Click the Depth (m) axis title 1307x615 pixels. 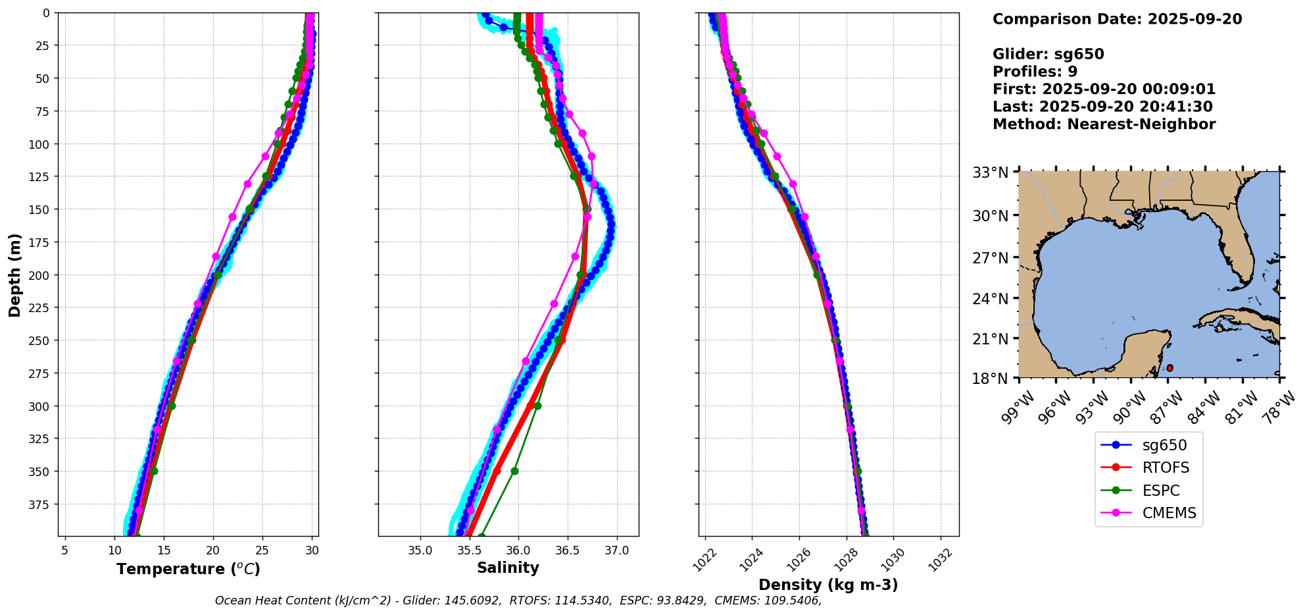pyautogui.click(x=15, y=275)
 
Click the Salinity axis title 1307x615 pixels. pyautogui.click(x=508, y=568)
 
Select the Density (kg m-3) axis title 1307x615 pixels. pyautogui.click(x=828, y=585)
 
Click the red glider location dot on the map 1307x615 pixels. pyautogui.click(x=1170, y=368)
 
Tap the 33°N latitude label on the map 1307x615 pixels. pyautogui.click(x=991, y=173)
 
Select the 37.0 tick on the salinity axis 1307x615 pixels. pyautogui.click(x=616, y=550)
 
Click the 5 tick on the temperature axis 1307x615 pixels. pyautogui.click(x=64, y=550)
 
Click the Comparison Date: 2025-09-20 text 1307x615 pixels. pyautogui.click(x=1117, y=20)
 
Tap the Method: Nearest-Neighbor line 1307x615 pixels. pyautogui.click(x=1104, y=124)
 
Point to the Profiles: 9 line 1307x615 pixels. pyautogui.click(x=1035, y=72)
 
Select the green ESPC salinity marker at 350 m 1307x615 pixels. pyautogui.click(x=514, y=471)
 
